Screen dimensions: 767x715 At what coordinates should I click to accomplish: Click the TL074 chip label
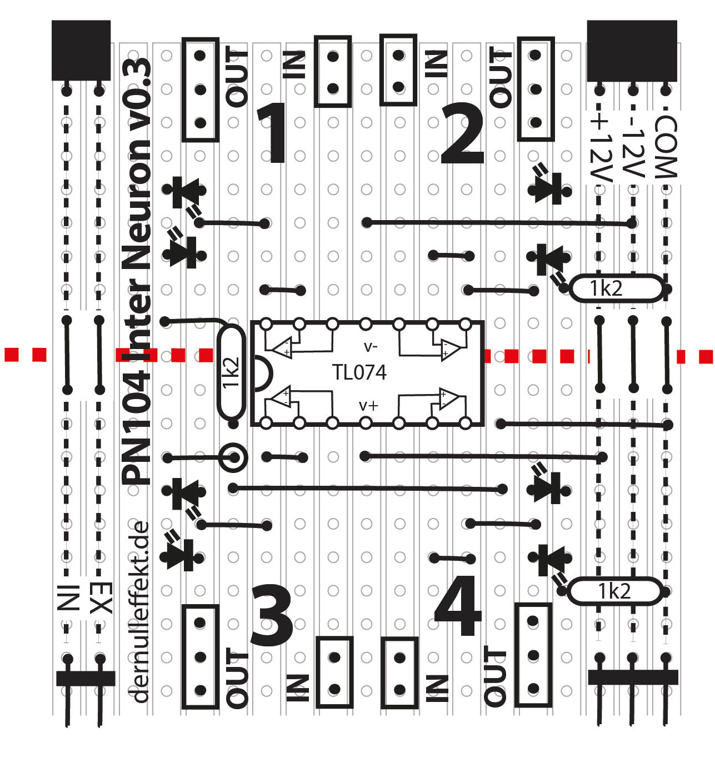[359, 372]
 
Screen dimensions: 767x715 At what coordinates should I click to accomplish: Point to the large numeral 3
[272, 616]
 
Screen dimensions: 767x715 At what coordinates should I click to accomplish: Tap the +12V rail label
[600, 147]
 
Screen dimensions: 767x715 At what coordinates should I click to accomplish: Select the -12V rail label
[632, 147]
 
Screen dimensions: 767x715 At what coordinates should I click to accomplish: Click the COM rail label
[666, 147]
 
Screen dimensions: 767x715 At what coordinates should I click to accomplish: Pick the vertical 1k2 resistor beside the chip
[231, 372]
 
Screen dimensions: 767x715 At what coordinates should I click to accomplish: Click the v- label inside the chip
[370, 347]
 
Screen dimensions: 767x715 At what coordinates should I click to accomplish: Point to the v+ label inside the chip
[369, 406]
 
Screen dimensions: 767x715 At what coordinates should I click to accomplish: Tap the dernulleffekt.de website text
[139, 611]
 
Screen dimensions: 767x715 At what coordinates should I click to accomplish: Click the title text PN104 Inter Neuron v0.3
[137, 272]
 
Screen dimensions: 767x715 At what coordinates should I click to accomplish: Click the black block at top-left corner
[81, 50]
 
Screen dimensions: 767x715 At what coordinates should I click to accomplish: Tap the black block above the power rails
[632, 50]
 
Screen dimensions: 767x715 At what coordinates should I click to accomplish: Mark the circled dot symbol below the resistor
[233, 458]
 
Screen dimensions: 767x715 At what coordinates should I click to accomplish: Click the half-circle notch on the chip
[261, 372]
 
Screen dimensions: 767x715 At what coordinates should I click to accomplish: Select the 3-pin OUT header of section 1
[200, 89]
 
